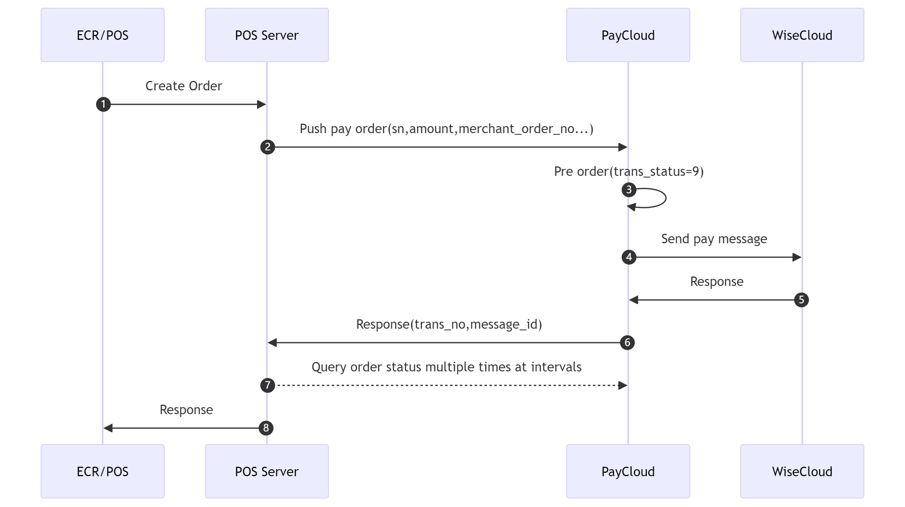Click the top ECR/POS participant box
[103, 35]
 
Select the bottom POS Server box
[267, 471]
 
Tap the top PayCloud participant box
[628, 35]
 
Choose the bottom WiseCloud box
[802, 471]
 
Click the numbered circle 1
[103, 104]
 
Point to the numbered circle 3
[629, 190]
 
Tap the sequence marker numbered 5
[801, 300]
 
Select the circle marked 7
[268, 385]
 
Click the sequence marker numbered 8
[266, 428]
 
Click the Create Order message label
[184, 86]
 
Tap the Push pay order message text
[446, 129]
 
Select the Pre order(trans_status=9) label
[629, 171]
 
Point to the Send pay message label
[714, 239]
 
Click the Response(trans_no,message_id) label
[449, 324]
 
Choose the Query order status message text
[446, 367]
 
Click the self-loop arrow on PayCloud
[665, 198]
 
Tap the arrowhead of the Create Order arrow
[262, 104]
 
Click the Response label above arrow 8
[186, 410]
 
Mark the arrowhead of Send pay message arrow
[797, 257]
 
